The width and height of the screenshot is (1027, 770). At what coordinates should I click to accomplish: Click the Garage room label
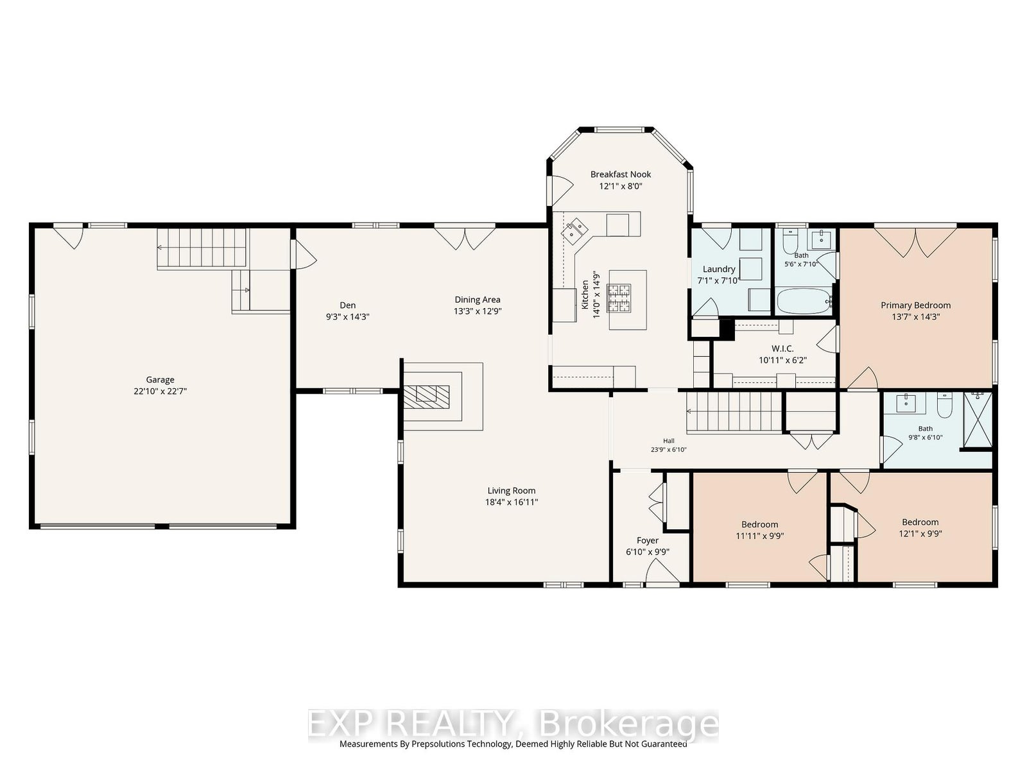point(160,380)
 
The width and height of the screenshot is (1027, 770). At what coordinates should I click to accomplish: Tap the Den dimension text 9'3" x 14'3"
point(348,316)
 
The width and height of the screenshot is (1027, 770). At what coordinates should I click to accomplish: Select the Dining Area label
point(478,300)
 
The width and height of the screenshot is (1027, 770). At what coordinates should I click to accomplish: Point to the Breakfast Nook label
point(621,175)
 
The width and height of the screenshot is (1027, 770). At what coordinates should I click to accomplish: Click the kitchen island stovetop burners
point(619,298)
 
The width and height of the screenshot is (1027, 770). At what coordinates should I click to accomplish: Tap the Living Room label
point(512,490)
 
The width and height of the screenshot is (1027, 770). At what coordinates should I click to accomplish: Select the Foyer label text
point(648,540)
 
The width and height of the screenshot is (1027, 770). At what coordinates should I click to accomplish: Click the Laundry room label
point(719,269)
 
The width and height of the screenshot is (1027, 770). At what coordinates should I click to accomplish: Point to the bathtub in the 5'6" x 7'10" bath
point(804,302)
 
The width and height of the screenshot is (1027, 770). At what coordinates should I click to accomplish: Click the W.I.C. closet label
point(782,349)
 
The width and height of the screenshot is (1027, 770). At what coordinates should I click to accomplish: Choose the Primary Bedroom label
point(916,305)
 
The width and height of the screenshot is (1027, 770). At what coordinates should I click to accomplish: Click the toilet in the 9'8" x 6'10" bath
point(944,405)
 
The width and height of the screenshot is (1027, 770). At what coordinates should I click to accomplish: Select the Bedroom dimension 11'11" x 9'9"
point(760,536)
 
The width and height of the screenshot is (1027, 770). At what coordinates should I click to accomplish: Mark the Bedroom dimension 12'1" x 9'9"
point(920,533)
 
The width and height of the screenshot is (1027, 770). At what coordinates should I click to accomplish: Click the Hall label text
point(669,441)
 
